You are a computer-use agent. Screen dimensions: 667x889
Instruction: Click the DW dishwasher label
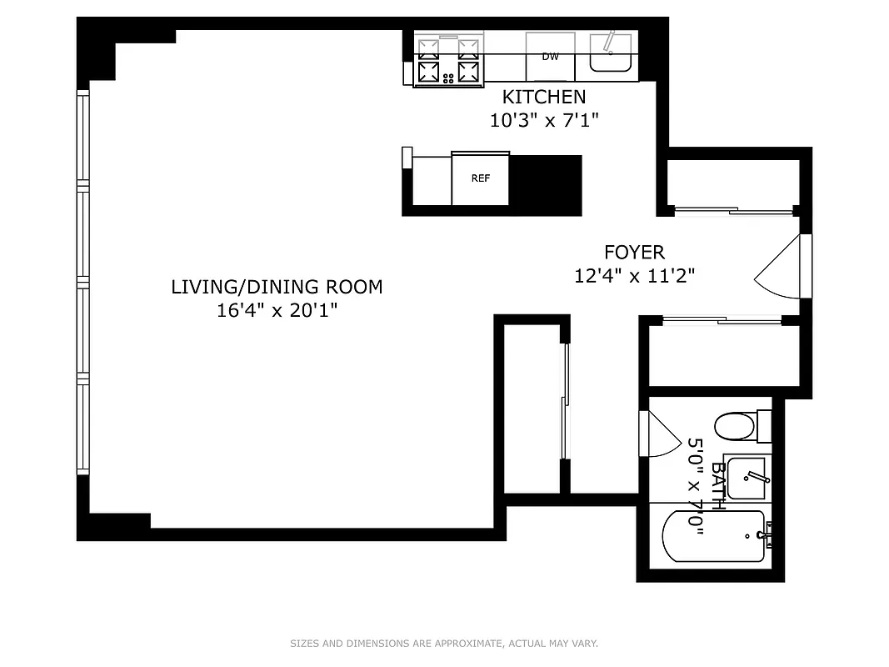pos(550,57)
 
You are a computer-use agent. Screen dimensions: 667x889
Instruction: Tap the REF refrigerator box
pos(480,178)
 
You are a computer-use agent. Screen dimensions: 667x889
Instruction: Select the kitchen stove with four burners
pos(449,60)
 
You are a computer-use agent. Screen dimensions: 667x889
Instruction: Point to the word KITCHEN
pos(543,98)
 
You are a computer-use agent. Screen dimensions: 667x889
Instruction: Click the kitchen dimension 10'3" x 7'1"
pos(543,120)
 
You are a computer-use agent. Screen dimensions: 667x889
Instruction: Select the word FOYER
pos(634,252)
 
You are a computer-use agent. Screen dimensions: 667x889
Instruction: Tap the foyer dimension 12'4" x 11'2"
pos(634,274)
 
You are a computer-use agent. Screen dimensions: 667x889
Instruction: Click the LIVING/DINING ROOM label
pos(277,287)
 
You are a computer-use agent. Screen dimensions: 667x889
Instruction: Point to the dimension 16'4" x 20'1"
pos(277,310)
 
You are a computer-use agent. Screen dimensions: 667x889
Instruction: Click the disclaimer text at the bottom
pos(444,644)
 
